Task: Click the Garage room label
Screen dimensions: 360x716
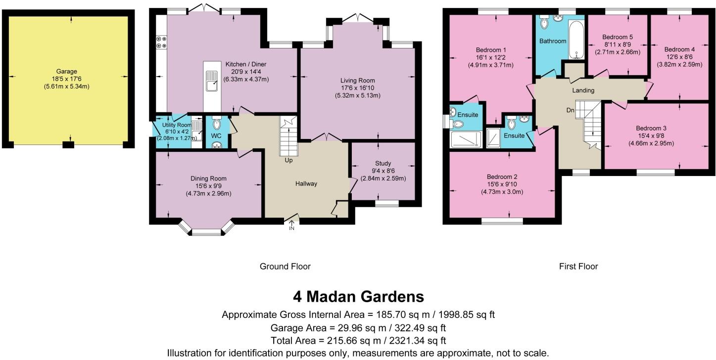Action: [67, 72]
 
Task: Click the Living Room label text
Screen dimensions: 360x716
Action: [357, 80]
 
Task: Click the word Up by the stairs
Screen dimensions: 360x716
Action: [288, 161]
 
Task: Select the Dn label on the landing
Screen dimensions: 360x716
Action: [570, 110]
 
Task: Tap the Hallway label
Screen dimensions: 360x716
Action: [306, 183]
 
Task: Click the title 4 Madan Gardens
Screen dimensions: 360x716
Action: [358, 297]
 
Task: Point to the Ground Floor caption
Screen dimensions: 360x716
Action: [285, 267]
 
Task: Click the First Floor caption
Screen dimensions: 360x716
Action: [578, 267]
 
